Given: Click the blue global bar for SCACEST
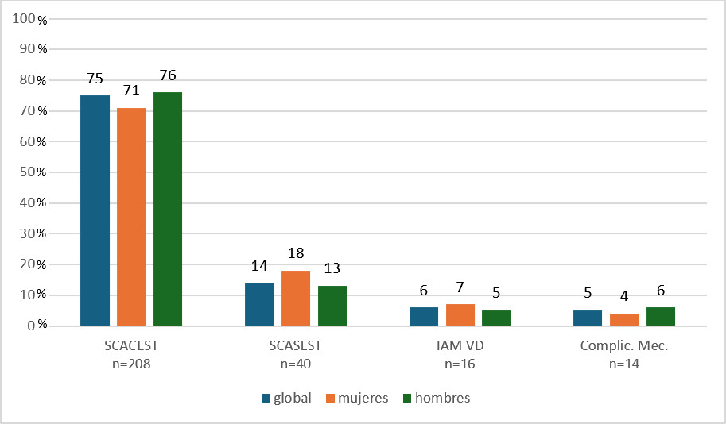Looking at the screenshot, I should click(95, 210).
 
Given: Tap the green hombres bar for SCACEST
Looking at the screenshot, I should click(168, 209).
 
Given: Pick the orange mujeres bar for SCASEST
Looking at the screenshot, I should click(296, 298).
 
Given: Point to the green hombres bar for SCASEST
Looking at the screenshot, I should click(332, 306).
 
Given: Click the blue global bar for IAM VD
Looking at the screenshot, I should click(424, 316).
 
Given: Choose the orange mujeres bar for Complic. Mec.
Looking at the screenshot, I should click(624, 319).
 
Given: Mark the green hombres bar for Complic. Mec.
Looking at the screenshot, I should click(661, 316).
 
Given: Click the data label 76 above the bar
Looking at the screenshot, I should click(168, 76).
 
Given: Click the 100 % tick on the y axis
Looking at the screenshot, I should click(32, 19).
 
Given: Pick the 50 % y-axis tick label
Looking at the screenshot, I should click(32, 172).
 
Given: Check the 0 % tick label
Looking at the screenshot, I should click(35, 326).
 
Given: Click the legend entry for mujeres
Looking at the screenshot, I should click(357, 398).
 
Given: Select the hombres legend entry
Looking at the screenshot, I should click(436, 398).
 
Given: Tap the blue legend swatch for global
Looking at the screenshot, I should click(266, 398).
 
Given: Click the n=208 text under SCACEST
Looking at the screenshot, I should click(131, 364).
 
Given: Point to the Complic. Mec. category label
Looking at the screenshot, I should click(624, 346).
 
